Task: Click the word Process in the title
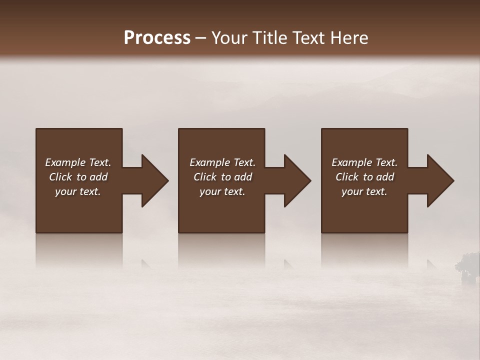157,38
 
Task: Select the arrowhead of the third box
439,180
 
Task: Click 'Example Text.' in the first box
78,162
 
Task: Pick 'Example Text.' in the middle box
222,162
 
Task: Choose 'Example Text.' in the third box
364,162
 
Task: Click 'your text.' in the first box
78,191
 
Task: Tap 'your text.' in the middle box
222,191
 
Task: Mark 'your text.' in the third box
364,191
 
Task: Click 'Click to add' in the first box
78,177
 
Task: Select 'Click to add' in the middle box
222,177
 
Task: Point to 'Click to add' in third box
364,177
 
